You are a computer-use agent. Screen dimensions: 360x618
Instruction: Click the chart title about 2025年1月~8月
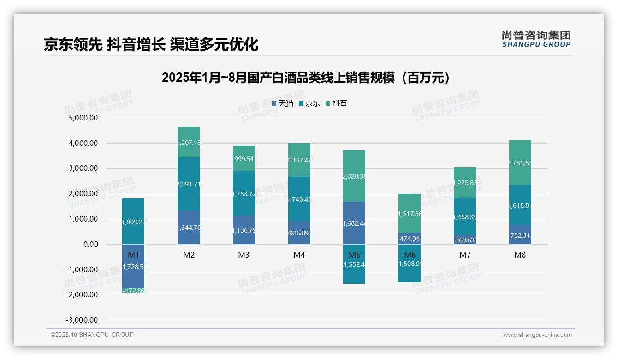306,78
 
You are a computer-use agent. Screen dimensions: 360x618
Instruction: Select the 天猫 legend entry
283,103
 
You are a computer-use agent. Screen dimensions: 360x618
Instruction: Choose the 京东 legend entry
309,103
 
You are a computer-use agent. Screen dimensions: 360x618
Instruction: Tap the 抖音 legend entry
337,103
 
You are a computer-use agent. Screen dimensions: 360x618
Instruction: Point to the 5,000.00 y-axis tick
83,118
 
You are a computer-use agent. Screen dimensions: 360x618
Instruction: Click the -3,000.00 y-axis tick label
82,320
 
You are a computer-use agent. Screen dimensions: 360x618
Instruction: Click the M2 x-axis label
189,255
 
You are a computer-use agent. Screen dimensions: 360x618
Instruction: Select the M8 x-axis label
520,255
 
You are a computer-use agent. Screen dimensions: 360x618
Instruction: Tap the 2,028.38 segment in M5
354,176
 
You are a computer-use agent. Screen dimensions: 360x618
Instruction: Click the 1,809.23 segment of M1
133,222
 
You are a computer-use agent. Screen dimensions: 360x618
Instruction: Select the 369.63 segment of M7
465,240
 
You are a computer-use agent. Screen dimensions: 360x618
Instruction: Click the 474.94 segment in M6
410,239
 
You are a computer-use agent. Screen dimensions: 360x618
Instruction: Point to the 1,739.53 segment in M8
520,163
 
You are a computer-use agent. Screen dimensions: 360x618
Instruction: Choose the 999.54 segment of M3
244,159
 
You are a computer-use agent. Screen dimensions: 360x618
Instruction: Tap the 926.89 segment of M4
299,233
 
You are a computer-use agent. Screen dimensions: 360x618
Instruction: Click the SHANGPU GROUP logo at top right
536,39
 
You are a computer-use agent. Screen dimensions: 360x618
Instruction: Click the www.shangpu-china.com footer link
537,335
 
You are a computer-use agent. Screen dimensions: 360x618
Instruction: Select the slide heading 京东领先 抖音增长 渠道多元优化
151,44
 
